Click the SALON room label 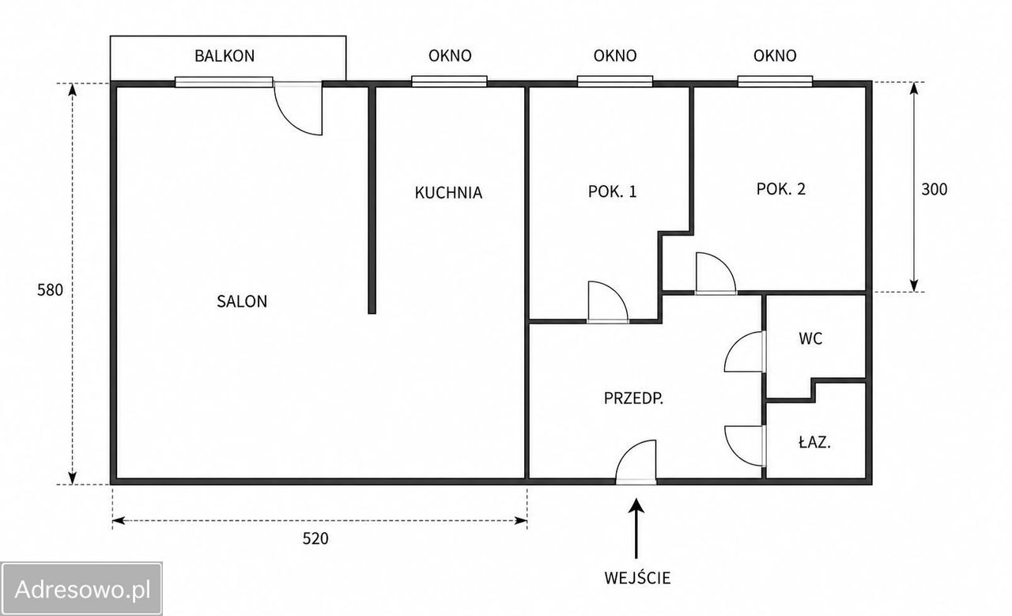click(242, 301)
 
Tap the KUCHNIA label click(448, 193)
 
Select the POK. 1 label click(612, 191)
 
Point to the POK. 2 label click(780, 189)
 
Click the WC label click(810, 338)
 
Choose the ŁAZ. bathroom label click(814, 443)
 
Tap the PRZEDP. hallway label click(633, 399)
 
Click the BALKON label click(225, 55)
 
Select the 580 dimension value click(50, 290)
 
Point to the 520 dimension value click(315, 539)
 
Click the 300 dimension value click(935, 189)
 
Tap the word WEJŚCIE click(637, 577)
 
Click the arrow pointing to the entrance click(636, 528)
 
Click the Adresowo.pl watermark click(81, 589)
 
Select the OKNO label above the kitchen click(450, 55)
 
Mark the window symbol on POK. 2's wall click(776, 81)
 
